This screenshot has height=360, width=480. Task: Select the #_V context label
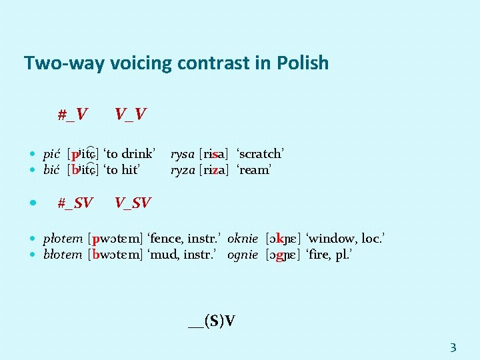click(x=72, y=115)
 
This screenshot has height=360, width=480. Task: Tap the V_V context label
click(x=131, y=115)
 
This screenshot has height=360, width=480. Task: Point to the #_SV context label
click(x=75, y=202)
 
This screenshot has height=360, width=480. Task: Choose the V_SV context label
click(x=133, y=202)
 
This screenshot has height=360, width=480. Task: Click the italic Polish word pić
click(x=52, y=154)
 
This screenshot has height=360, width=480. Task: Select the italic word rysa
click(x=183, y=154)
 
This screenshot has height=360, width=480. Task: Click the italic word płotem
click(x=63, y=238)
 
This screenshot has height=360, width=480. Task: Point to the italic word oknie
click(x=243, y=238)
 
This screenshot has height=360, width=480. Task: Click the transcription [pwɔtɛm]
click(x=115, y=238)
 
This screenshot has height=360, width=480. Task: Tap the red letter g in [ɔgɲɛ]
click(x=281, y=254)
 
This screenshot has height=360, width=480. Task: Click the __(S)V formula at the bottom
click(x=211, y=321)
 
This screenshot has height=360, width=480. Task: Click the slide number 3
click(x=453, y=347)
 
